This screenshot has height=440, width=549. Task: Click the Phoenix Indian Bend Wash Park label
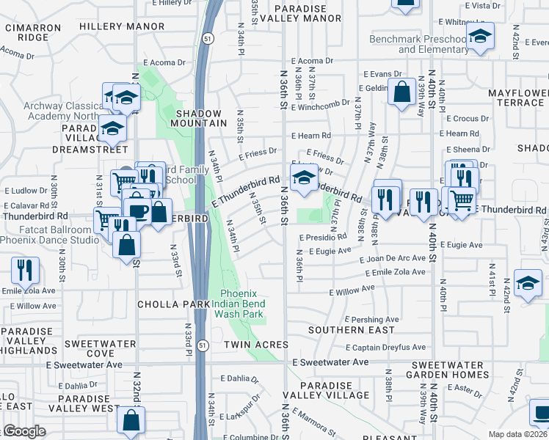239,303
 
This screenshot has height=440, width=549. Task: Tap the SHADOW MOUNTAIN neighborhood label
199,119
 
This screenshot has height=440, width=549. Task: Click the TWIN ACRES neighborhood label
256,344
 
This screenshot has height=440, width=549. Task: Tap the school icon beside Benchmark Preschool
480,36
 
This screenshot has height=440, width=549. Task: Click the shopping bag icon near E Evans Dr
401,93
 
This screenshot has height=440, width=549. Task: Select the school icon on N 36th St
302,177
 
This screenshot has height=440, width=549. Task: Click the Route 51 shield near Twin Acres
203,345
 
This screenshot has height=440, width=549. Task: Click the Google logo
23,431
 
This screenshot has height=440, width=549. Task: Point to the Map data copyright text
517,434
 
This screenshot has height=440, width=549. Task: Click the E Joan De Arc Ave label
392,258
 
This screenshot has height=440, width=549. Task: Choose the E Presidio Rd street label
323,238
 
